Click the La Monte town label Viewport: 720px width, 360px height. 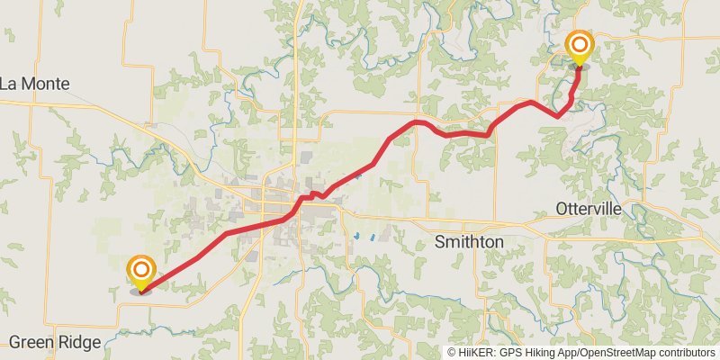click(x=35, y=84)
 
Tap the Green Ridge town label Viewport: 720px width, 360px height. click(x=56, y=342)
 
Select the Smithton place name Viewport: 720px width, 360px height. click(x=469, y=242)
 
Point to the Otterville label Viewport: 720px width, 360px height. click(x=589, y=209)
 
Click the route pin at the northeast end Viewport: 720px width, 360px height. click(x=579, y=47)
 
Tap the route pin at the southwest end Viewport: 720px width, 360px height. click(x=141, y=273)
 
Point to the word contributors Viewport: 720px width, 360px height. click(x=685, y=352)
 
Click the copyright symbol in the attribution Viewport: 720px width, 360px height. click(x=452, y=352)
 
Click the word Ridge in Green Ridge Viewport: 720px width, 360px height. click(x=81, y=342)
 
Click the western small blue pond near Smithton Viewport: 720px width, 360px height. click(x=358, y=237)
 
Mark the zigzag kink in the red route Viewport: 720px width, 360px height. click(x=314, y=194)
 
